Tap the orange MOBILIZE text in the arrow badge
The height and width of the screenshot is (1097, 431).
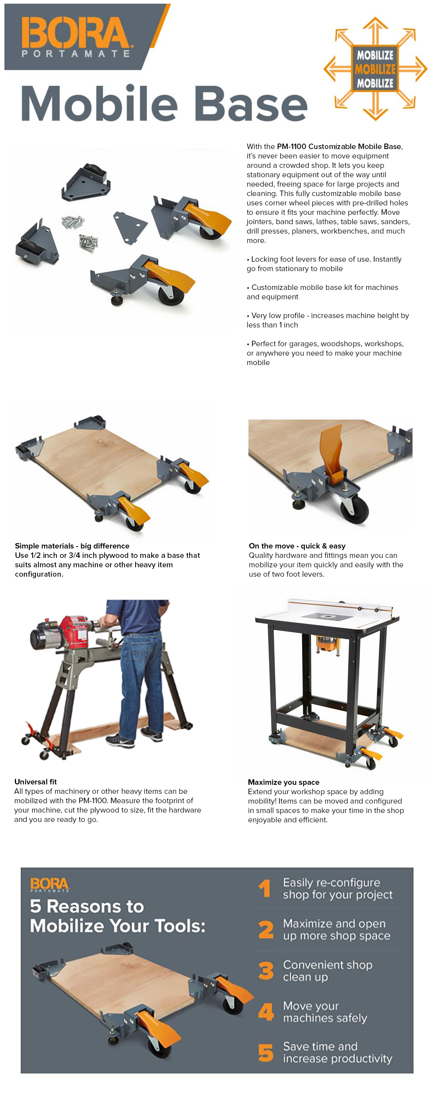(x=375, y=69)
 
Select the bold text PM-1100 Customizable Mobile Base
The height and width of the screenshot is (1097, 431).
(x=339, y=146)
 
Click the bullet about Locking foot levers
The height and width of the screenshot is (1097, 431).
(x=324, y=264)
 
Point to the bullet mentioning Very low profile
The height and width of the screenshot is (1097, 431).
(x=328, y=320)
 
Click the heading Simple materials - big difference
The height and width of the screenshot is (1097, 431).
(x=72, y=545)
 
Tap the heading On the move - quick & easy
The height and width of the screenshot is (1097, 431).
(x=297, y=545)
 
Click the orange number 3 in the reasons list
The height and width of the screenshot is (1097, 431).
(x=266, y=971)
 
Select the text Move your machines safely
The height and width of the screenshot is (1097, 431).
(x=324, y=1011)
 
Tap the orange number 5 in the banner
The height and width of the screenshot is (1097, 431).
(x=265, y=1052)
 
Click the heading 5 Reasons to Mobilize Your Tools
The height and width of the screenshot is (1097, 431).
(x=117, y=915)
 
